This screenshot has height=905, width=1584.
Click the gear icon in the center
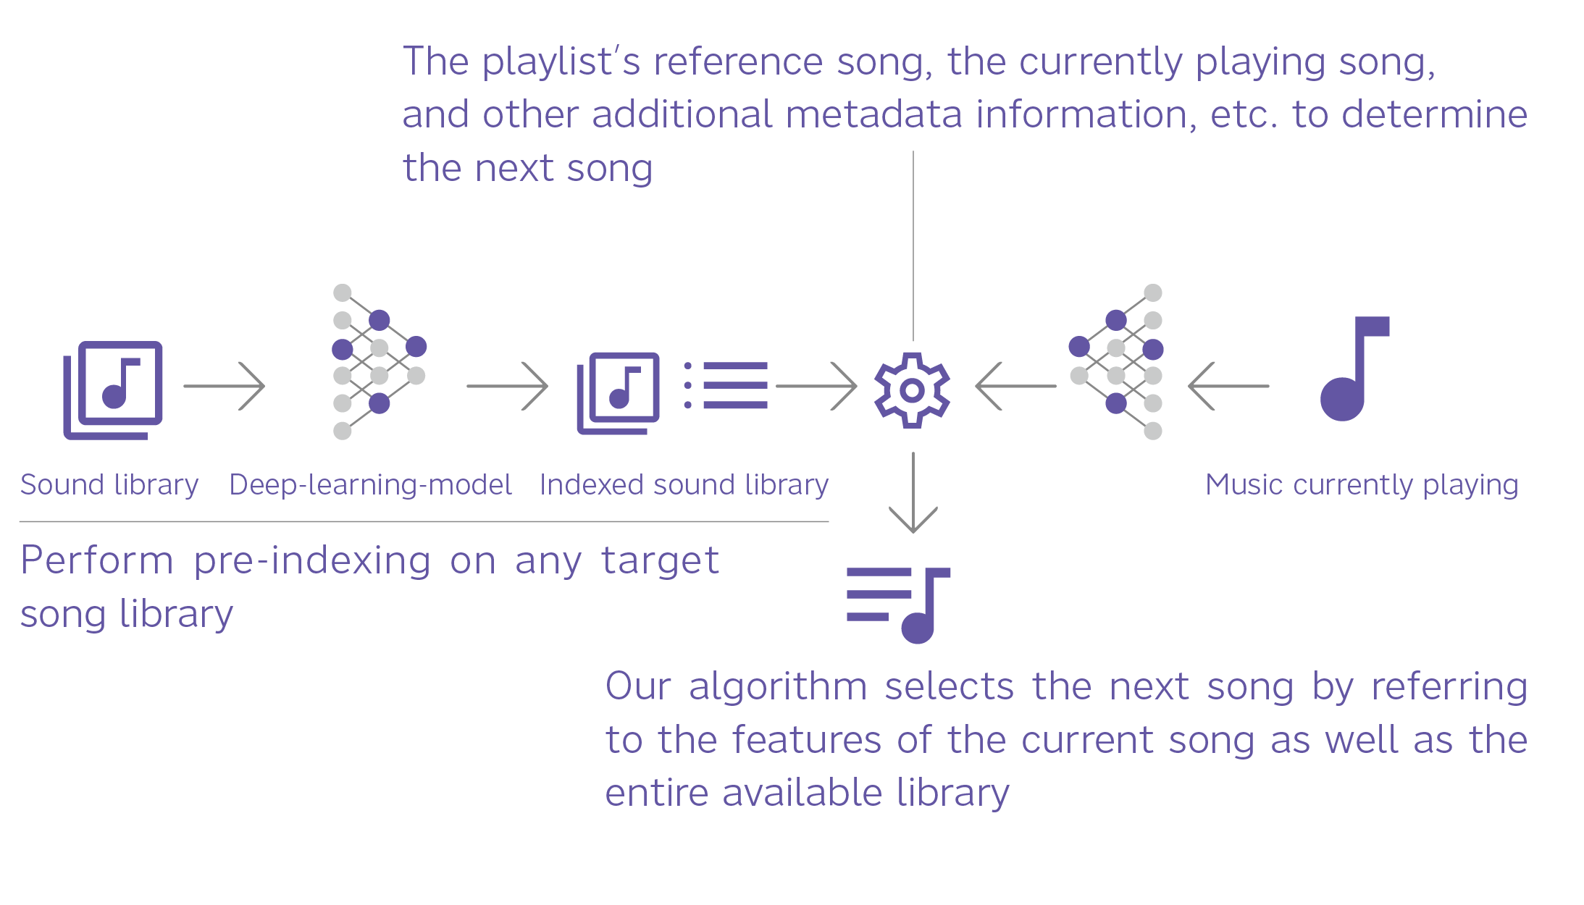913,390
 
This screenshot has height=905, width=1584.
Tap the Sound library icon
114,390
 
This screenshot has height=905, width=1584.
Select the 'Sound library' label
109,484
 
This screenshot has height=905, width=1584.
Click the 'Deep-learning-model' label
370,484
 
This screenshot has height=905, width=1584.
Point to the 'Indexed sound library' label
684,484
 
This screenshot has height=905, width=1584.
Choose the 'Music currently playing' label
1362,484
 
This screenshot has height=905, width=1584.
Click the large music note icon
1352,369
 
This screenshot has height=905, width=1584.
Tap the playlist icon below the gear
898,605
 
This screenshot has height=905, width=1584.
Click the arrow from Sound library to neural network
225,386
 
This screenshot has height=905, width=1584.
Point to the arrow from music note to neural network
1228,386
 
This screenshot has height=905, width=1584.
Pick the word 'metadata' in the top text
873,114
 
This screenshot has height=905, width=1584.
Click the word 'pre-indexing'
312,560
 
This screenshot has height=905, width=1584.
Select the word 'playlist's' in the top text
561,62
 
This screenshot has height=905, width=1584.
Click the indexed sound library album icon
619,392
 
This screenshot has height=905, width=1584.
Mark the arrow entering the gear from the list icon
816,386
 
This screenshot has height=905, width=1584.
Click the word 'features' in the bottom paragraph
806,740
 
